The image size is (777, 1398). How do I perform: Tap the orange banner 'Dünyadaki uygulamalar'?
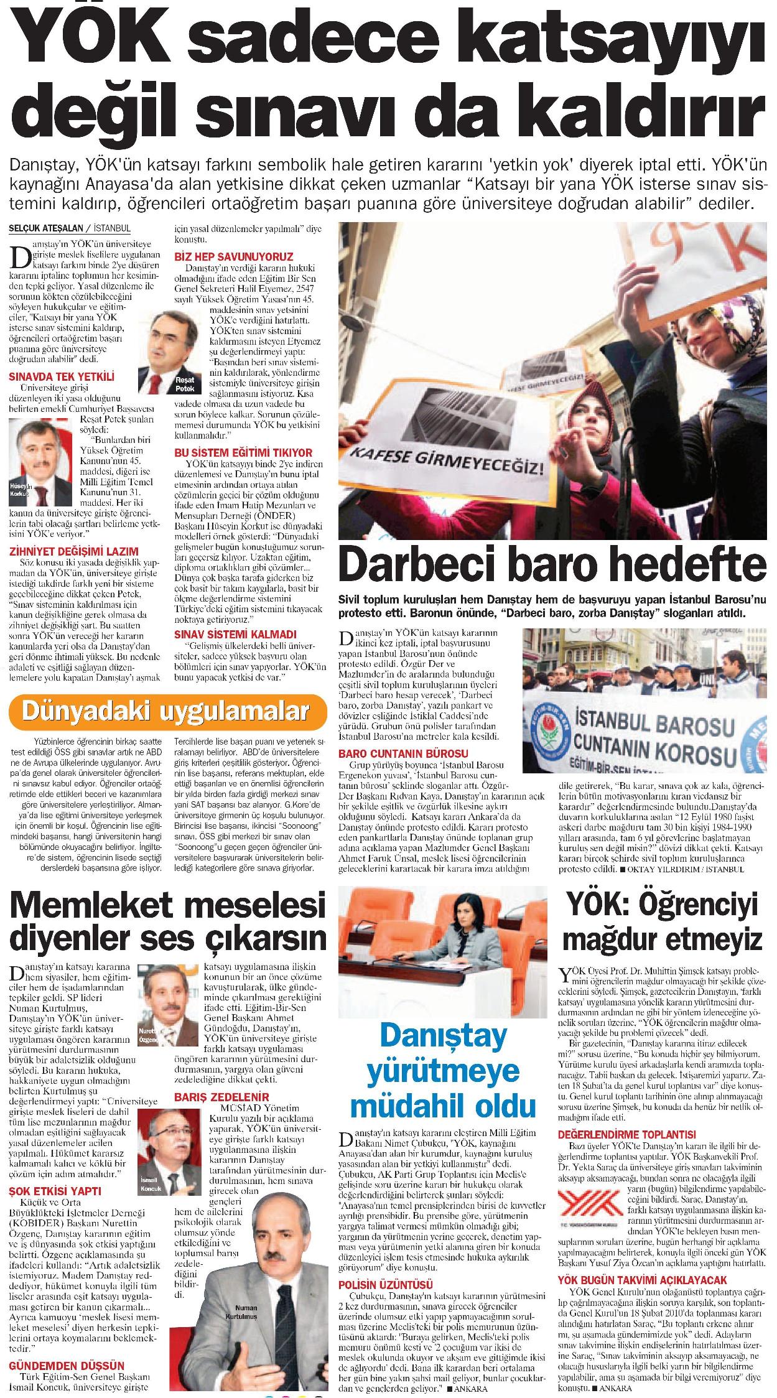coord(167,711)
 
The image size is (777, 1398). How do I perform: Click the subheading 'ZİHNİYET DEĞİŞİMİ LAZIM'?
coord(73,551)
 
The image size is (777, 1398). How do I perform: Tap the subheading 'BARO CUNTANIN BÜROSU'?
coord(403,753)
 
